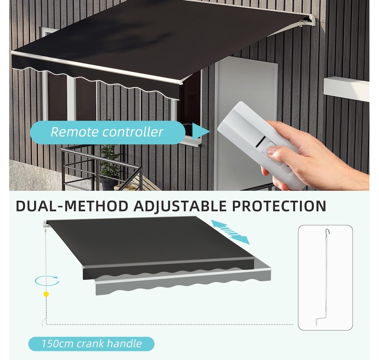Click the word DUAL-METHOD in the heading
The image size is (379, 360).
click(x=72, y=206)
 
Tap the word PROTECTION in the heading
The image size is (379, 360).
click(x=279, y=206)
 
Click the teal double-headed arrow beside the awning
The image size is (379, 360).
click(x=230, y=232)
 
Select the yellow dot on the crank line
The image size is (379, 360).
click(x=46, y=294)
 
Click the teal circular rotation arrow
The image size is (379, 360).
click(x=47, y=281)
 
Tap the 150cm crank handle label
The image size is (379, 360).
click(x=91, y=344)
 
